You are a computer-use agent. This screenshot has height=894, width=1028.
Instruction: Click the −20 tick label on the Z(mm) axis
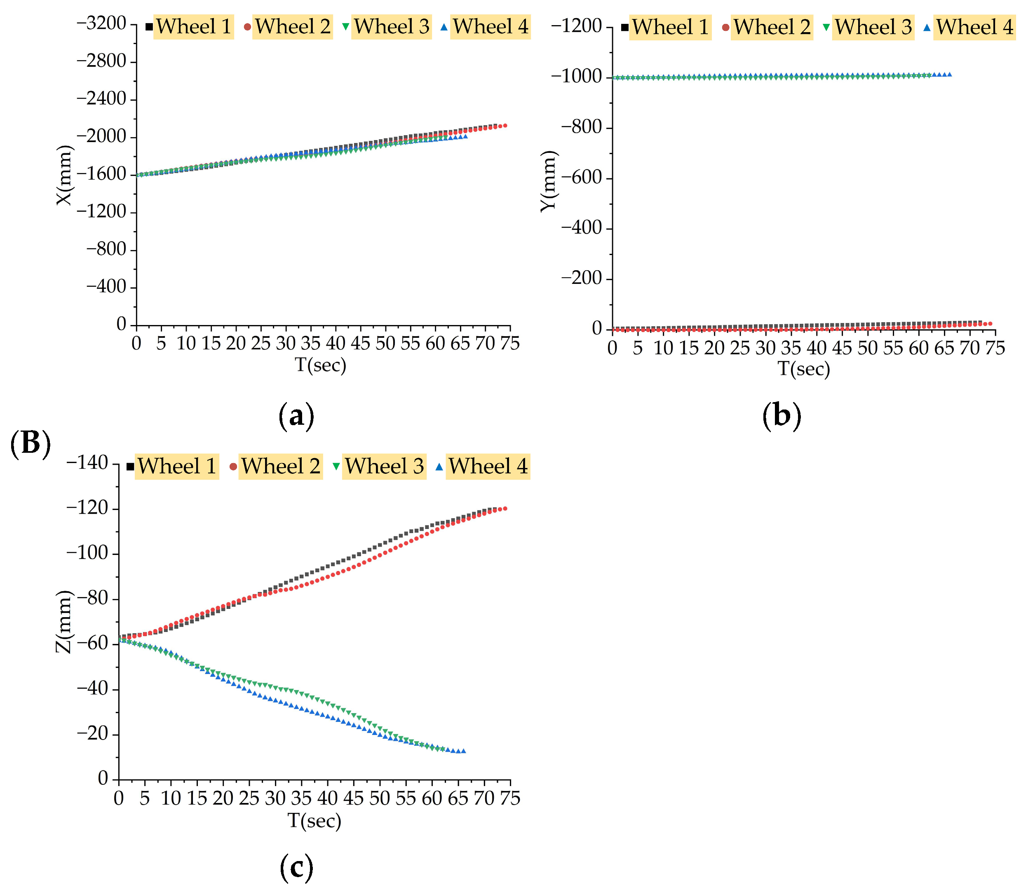pos(92,734)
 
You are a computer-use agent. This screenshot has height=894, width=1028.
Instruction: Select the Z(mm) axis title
pos(63,622)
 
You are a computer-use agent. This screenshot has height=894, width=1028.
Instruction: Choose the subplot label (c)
pos(296,867)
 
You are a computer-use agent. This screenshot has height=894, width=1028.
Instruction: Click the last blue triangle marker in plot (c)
pos(464,751)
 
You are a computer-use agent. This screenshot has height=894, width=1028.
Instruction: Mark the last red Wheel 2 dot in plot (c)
pos(505,508)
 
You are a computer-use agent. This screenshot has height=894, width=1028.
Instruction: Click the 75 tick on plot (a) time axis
pos(509,344)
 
